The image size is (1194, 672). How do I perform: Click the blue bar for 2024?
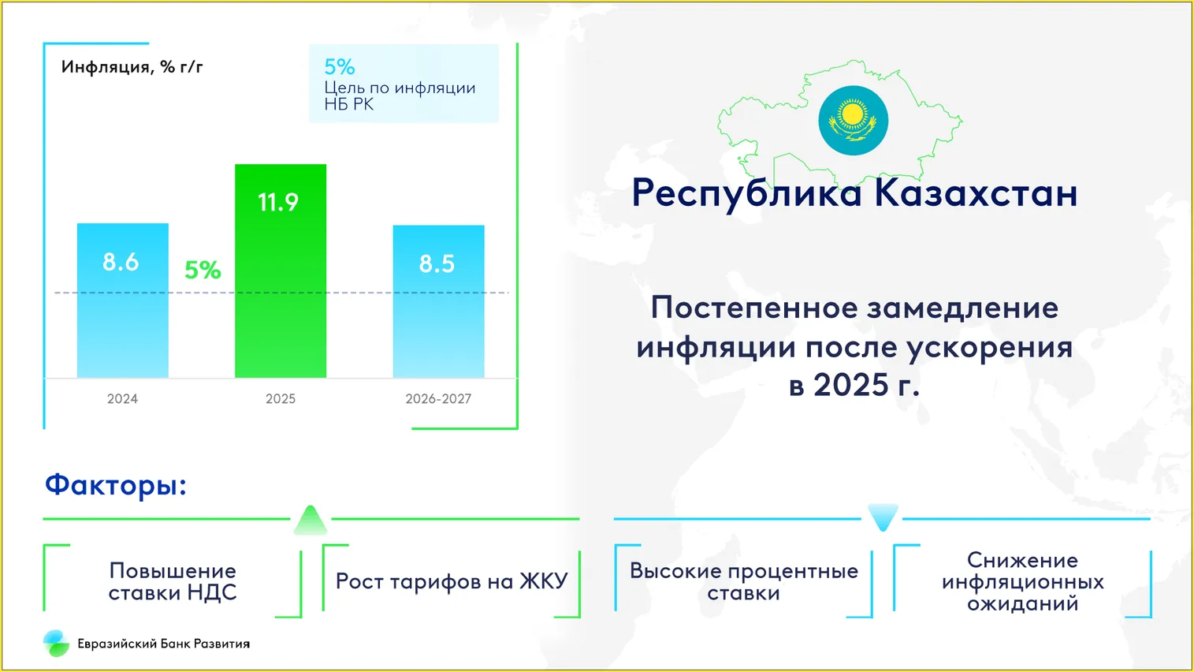tap(123, 301)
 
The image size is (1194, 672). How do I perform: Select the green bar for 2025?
tap(281, 271)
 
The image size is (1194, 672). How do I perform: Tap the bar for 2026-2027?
tap(439, 301)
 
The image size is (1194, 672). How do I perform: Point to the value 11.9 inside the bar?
tap(278, 202)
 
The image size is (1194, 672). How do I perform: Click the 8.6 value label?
tap(121, 262)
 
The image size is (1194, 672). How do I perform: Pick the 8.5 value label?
tap(437, 263)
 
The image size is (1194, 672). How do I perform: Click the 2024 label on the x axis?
tap(122, 399)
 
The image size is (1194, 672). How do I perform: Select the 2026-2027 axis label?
tap(438, 399)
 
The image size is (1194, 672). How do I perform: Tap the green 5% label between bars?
tap(203, 270)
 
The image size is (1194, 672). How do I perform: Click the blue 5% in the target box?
tap(340, 67)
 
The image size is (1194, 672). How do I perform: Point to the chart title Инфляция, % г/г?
tap(132, 67)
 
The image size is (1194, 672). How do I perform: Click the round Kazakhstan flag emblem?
tap(853, 121)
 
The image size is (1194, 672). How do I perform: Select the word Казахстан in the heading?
tap(976, 192)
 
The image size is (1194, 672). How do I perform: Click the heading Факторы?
tap(116, 485)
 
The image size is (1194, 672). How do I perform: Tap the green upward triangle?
tap(311, 520)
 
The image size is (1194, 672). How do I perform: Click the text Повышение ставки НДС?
tap(173, 581)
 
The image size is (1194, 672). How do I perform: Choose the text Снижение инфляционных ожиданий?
tap(1022, 581)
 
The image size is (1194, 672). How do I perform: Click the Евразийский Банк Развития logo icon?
tap(56, 643)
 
